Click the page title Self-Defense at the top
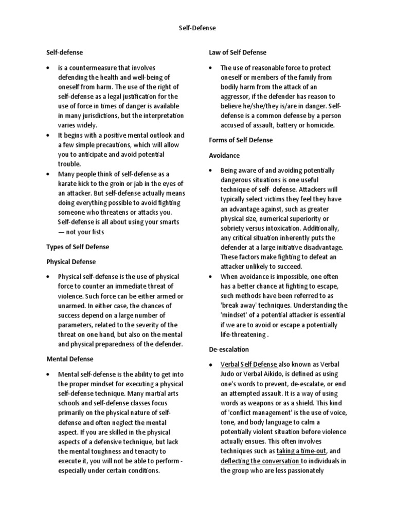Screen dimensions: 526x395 (197, 28)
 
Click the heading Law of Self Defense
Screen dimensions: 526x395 (237, 52)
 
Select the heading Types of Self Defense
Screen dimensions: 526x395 (78, 247)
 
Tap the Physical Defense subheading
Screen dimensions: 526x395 (71, 261)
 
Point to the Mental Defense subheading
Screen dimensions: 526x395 (69, 359)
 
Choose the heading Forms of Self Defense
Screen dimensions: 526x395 (241, 140)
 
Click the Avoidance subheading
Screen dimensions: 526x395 (224, 155)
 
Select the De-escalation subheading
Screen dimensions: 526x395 (229, 349)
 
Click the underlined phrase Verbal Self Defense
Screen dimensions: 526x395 (248, 364)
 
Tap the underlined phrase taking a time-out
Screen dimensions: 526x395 (300, 451)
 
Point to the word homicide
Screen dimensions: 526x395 (319, 125)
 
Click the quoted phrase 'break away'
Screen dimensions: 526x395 (240, 305)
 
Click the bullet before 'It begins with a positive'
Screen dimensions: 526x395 (47, 135)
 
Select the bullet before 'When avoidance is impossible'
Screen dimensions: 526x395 (210, 276)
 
